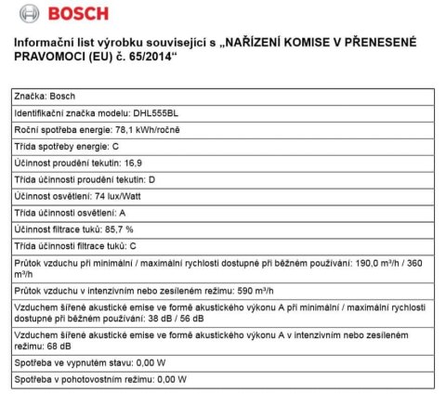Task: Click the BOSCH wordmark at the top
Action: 78,15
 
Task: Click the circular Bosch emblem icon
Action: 28,15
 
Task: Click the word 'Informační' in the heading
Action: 42,44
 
